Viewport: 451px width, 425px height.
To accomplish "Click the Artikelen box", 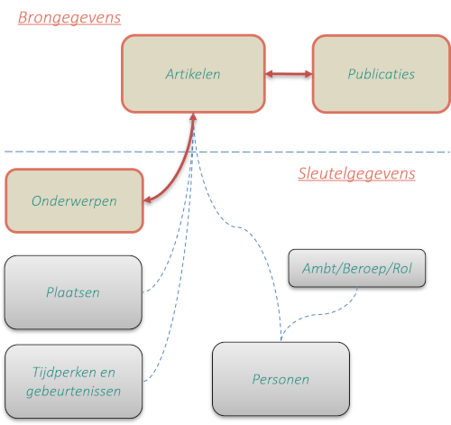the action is (x=193, y=74).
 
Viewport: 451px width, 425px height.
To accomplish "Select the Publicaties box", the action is (x=382, y=74).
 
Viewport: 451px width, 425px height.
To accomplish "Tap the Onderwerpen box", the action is (x=74, y=201).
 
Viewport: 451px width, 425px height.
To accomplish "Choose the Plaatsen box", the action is (x=73, y=292).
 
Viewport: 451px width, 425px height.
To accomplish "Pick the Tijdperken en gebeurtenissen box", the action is (x=73, y=382).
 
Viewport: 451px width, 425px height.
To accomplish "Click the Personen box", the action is (x=281, y=379).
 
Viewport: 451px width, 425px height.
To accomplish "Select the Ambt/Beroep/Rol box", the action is (x=357, y=268).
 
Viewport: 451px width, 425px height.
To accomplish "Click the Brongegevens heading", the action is (x=69, y=17).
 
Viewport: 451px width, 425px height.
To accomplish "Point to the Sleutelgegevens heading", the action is (x=356, y=173).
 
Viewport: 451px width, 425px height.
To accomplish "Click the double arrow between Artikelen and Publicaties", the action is (x=289, y=74).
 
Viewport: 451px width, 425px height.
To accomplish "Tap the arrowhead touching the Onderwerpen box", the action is (x=147, y=199).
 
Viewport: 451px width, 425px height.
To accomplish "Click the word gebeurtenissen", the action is (x=73, y=392).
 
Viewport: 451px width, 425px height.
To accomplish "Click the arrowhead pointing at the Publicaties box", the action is (x=308, y=74).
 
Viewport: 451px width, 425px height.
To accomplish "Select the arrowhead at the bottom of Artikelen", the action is (x=193, y=116).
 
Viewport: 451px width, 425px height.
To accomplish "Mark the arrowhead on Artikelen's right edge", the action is (x=270, y=74).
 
